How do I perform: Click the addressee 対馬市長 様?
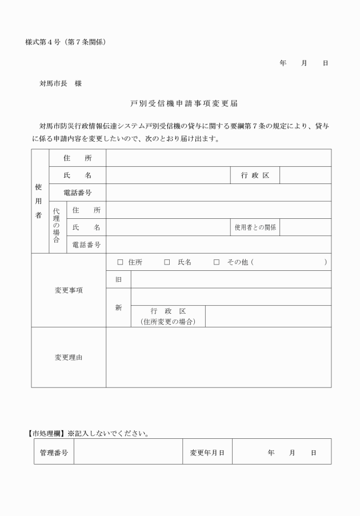pos(60,83)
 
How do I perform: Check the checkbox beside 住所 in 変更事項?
pos(120,262)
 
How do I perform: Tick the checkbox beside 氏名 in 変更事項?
pos(167,262)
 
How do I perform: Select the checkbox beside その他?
pos(217,262)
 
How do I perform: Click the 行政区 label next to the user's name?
pos(255,175)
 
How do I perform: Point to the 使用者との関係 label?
pos(255,227)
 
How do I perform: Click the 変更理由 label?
pos(69,357)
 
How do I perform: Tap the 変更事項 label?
pos(69,290)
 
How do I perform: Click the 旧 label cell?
pos(118,279)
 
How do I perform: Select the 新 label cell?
pos(118,307)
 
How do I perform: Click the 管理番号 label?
pos(54,453)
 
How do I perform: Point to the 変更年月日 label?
pos(207,453)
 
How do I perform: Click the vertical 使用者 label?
pos(39,201)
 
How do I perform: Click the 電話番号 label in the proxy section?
pos(86,245)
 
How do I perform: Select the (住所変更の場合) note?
pos(167,322)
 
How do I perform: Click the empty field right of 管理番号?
pos(127,453)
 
